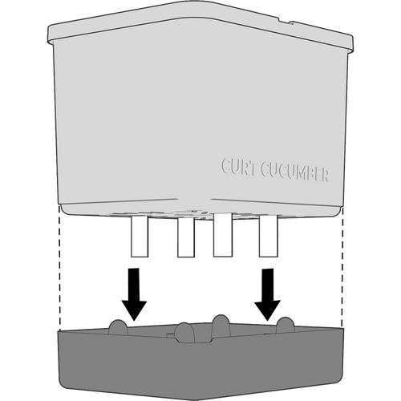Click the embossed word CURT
pyautogui.click(x=238, y=167)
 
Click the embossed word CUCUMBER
pyautogui.click(x=294, y=172)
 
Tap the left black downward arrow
pyautogui.click(x=134, y=294)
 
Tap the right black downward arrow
pyautogui.click(x=267, y=294)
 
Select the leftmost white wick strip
pyautogui.click(x=140, y=236)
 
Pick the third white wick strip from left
pyautogui.click(x=223, y=235)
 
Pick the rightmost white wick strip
pyautogui.click(x=269, y=236)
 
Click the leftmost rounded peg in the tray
pyautogui.click(x=118, y=327)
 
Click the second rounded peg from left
pyautogui.click(x=185, y=332)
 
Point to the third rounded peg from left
pyautogui.click(x=221, y=326)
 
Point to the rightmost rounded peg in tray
pyautogui.click(x=286, y=325)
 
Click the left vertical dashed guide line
pyautogui.click(x=59, y=268)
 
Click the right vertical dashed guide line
pyautogui.click(x=342, y=267)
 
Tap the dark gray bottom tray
pyautogui.click(x=200, y=369)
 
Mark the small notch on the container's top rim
pyautogui.click(x=285, y=21)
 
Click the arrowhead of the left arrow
pyautogui.click(x=134, y=311)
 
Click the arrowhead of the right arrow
pyautogui.click(x=267, y=310)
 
